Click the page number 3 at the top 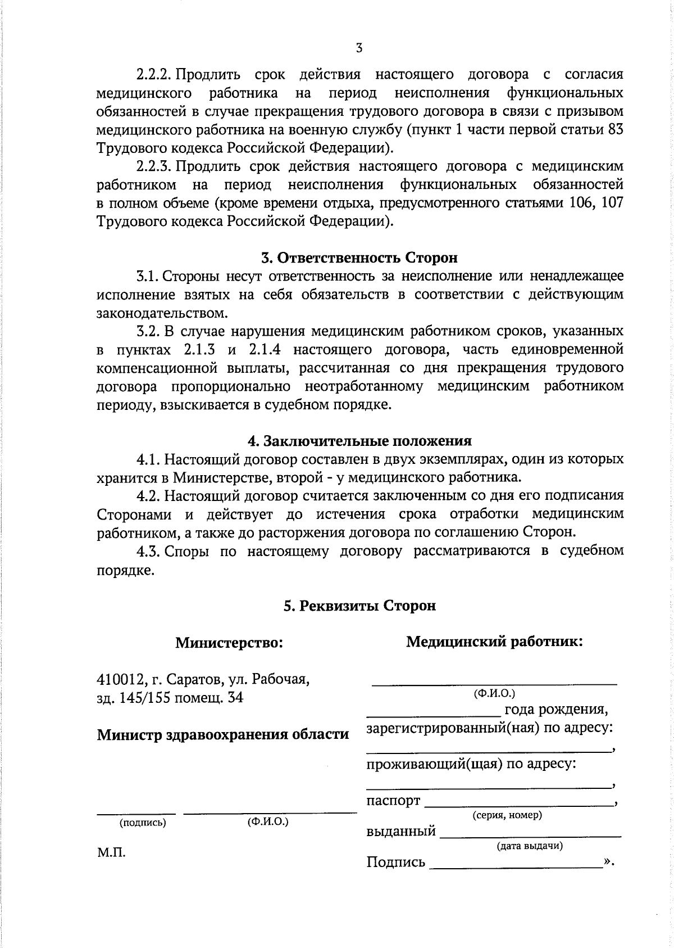point(359,48)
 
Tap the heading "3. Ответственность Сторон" point(359,258)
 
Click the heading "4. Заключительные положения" point(359,441)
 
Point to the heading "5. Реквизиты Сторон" point(359,606)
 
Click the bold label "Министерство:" point(229,642)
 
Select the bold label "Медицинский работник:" point(494,642)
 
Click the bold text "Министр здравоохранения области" point(223,734)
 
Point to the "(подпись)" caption point(143,823)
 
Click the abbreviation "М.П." point(111,853)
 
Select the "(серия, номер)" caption point(507,815)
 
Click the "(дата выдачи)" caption point(530,846)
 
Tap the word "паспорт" point(393,801)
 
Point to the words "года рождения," point(556,710)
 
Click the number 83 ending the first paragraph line point(615,130)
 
